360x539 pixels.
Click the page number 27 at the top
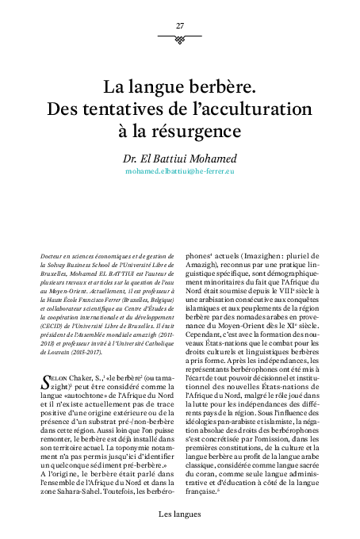(180, 26)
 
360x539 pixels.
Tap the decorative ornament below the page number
(180, 37)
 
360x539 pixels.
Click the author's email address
(180, 171)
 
